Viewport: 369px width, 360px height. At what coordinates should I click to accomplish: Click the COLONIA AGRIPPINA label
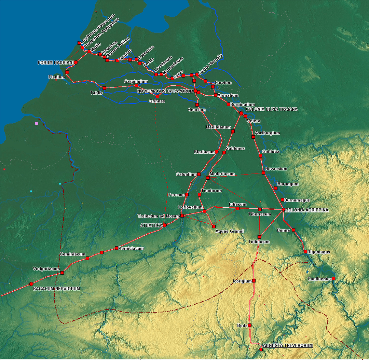(x=307, y=210)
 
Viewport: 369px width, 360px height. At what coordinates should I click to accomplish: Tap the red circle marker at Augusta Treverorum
(x=261, y=349)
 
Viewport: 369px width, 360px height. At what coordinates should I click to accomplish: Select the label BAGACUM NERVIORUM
(x=56, y=289)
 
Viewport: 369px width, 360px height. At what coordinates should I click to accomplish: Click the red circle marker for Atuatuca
(x=165, y=225)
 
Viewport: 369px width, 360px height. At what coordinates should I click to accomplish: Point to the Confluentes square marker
(x=333, y=279)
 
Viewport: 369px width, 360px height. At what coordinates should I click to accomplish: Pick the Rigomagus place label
(x=319, y=252)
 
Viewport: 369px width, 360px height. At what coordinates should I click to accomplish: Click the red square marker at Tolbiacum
(x=259, y=237)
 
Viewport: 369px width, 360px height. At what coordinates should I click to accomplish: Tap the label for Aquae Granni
(x=230, y=232)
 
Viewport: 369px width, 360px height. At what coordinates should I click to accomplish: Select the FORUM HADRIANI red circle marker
(x=76, y=63)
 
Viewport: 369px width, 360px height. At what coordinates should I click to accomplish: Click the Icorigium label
(x=242, y=281)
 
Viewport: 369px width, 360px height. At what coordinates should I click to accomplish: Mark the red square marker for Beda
(x=250, y=325)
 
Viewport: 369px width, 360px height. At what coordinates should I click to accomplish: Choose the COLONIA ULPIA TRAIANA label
(x=272, y=109)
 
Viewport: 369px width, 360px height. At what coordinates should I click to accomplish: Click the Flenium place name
(x=57, y=77)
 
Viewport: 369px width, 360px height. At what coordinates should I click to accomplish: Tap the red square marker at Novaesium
(x=263, y=173)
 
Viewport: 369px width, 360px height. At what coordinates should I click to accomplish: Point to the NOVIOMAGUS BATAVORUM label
(x=165, y=92)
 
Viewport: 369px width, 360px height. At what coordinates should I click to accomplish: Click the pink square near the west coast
(x=36, y=123)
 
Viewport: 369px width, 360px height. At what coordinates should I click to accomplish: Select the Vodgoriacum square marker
(x=62, y=273)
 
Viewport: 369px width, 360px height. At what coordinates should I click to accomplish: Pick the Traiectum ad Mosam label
(x=159, y=216)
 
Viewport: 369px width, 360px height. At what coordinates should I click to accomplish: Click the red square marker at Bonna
(x=293, y=230)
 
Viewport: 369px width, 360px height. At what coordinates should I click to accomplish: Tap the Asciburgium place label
(x=268, y=133)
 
